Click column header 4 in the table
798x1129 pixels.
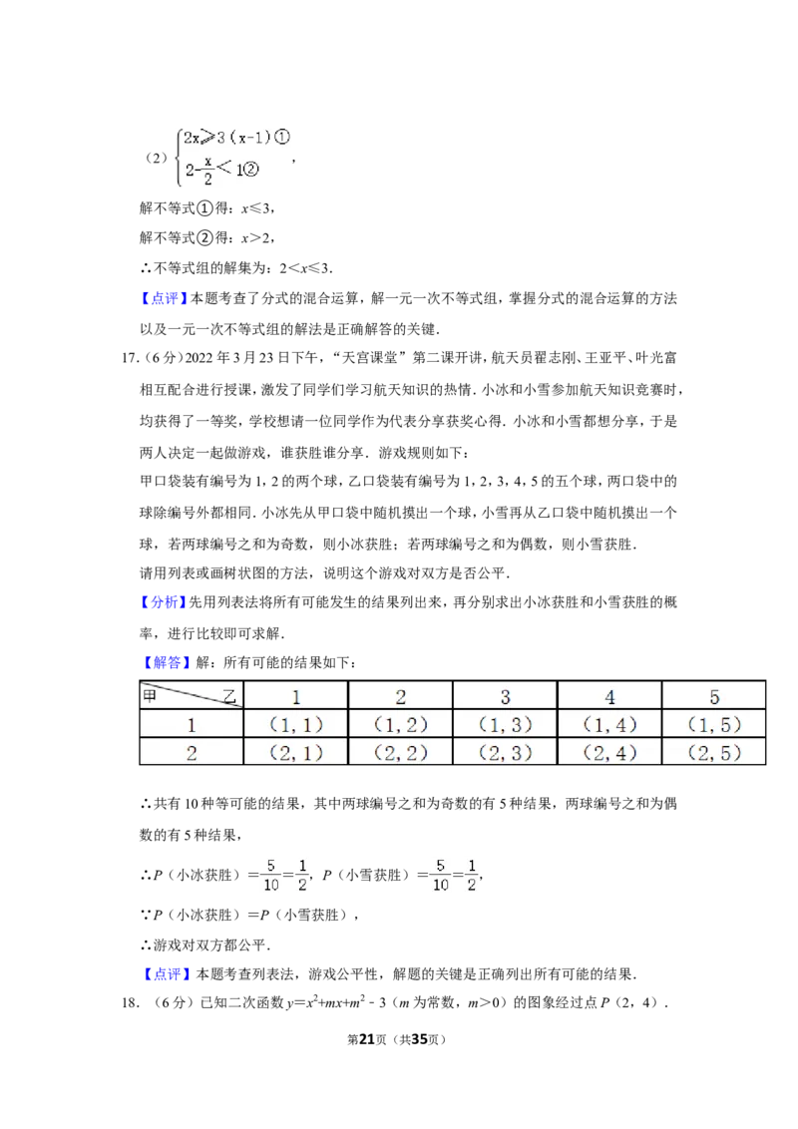pyautogui.click(x=609, y=697)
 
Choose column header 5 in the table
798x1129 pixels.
pyautogui.click(x=714, y=697)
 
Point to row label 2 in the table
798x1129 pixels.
pyautogui.click(x=191, y=753)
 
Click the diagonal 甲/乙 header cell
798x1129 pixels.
pyautogui.click(x=192, y=696)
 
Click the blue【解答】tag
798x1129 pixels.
pyautogui.click(x=166, y=662)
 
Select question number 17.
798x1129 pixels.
pyautogui.click(x=130, y=358)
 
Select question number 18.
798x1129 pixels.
pyautogui.click(x=131, y=1002)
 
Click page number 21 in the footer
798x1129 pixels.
pyautogui.click(x=367, y=1039)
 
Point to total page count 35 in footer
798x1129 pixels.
pyautogui.click(x=419, y=1039)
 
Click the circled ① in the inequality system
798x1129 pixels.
pyautogui.click(x=281, y=137)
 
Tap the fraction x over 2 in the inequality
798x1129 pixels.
pyautogui.click(x=207, y=171)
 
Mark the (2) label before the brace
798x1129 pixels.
pyautogui.click(x=157, y=158)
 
